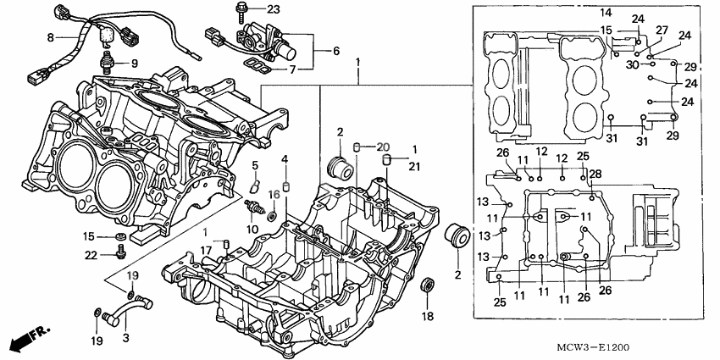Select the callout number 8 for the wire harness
click(x=50, y=37)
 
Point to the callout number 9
click(x=132, y=64)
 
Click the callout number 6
click(x=335, y=51)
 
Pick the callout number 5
click(x=253, y=164)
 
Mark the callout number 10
click(x=252, y=230)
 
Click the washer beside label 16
click(x=270, y=216)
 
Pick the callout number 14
click(x=606, y=13)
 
